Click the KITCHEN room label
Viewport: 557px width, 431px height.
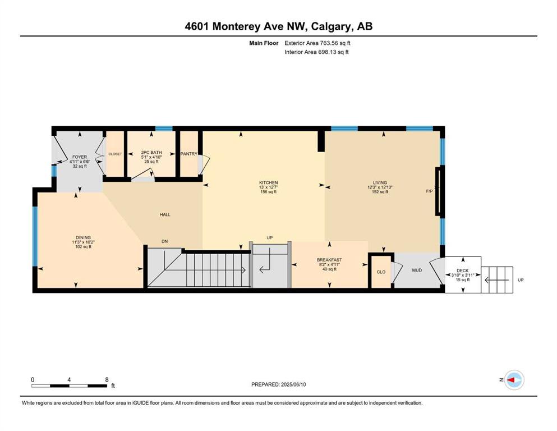coord(268,182)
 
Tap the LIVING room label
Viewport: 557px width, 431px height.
coord(380,182)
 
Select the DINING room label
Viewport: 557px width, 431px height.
coord(83,238)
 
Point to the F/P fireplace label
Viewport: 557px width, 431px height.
coord(430,191)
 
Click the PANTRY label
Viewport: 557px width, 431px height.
coord(188,154)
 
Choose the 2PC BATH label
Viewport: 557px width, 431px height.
coord(151,153)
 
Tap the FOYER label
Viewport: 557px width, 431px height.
coord(80,157)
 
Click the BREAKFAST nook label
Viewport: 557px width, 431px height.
coord(329,260)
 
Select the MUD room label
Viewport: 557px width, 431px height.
coord(417,270)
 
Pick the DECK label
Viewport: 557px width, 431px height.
coord(463,270)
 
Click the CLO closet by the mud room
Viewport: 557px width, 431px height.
coord(381,272)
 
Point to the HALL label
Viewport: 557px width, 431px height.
coord(165,214)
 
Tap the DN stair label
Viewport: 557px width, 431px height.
coord(164,241)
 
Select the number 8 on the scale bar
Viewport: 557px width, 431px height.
coord(107,379)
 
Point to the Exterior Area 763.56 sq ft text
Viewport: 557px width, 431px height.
coord(317,43)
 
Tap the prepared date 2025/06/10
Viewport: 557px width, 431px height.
coord(293,384)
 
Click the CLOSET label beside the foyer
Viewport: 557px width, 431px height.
coord(115,154)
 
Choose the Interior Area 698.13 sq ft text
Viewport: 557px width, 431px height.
coord(316,52)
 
